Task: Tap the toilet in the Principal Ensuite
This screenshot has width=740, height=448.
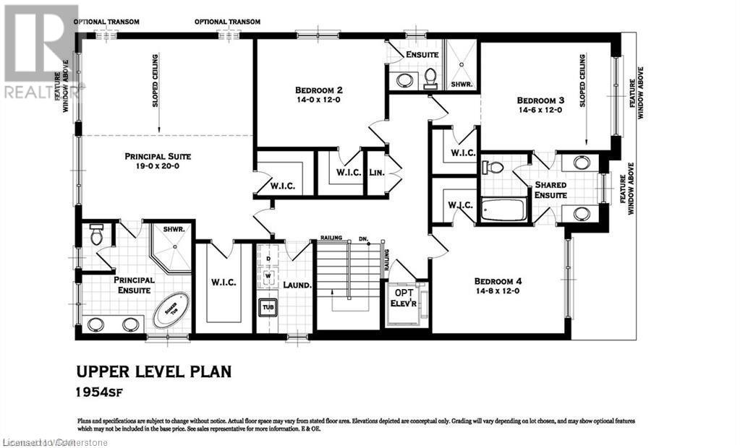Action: click(x=97, y=235)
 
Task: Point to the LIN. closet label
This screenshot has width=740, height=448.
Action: click(x=377, y=173)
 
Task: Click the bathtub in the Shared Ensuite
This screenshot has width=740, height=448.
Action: click(x=503, y=210)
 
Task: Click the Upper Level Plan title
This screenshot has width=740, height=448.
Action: click(x=154, y=371)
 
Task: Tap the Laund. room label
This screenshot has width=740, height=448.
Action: click(x=297, y=285)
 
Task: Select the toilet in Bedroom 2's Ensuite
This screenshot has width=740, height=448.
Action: click(x=430, y=77)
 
